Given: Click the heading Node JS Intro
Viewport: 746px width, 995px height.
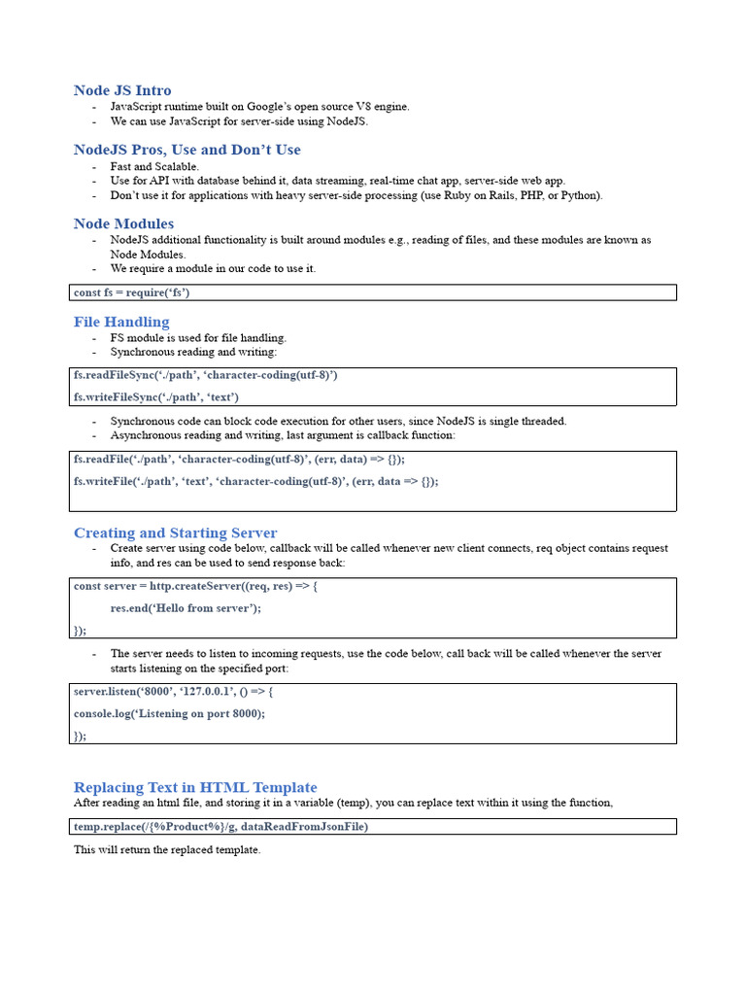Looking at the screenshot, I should [122, 90].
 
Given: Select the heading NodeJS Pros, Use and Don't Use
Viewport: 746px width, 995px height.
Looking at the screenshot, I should [187, 150].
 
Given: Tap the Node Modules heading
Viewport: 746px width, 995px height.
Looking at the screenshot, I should [124, 223].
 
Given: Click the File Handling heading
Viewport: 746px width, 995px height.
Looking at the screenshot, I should [121, 322].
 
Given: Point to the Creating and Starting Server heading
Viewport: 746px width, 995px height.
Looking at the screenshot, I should [175, 532].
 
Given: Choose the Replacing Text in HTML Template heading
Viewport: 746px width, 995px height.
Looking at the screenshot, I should [195, 787].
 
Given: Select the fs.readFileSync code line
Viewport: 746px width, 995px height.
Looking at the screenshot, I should [206, 375].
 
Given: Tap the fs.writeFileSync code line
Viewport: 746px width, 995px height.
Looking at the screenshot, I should [156, 397].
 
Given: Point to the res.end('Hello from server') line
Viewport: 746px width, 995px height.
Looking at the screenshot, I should [186, 608].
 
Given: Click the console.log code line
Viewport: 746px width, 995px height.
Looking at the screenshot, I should [169, 713].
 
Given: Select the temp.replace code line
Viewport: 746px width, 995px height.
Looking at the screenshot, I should [220, 827].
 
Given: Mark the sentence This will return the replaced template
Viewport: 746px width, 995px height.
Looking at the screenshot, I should [167, 850].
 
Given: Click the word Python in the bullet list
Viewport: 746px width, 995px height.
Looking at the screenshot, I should [580, 195].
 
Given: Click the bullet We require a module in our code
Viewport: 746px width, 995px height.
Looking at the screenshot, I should [213, 268].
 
